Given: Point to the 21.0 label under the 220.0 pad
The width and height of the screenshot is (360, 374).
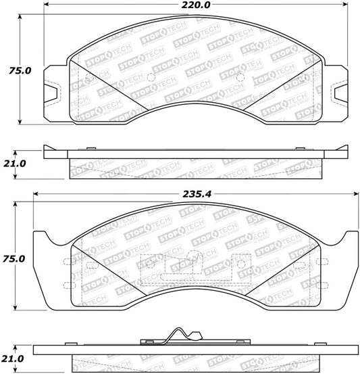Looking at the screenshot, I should pos(12,164).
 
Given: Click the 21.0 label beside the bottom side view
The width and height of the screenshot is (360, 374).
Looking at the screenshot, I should pos(12,358).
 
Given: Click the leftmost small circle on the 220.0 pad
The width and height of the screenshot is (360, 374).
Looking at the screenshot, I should pos(90,78).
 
